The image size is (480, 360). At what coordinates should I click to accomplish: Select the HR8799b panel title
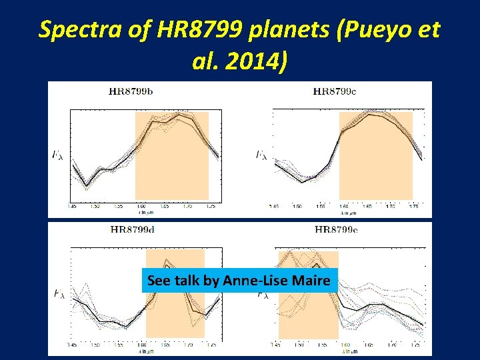click(x=131, y=92)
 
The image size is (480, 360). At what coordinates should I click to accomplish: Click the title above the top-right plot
click(x=334, y=92)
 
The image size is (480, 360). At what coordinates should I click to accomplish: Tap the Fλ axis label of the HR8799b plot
click(x=58, y=155)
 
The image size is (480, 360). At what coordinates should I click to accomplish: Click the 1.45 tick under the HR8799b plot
click(x=73, y=207)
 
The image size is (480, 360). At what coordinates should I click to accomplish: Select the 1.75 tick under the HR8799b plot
click(x=210, y=207)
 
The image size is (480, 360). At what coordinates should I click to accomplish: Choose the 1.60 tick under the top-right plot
click(x=343, y=207)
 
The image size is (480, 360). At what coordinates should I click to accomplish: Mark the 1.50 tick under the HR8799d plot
click(x=95, y=345)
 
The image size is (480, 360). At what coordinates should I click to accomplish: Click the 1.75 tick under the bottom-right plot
click(x=415, y=345)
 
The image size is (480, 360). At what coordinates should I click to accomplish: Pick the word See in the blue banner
click(x=159, y=281)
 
